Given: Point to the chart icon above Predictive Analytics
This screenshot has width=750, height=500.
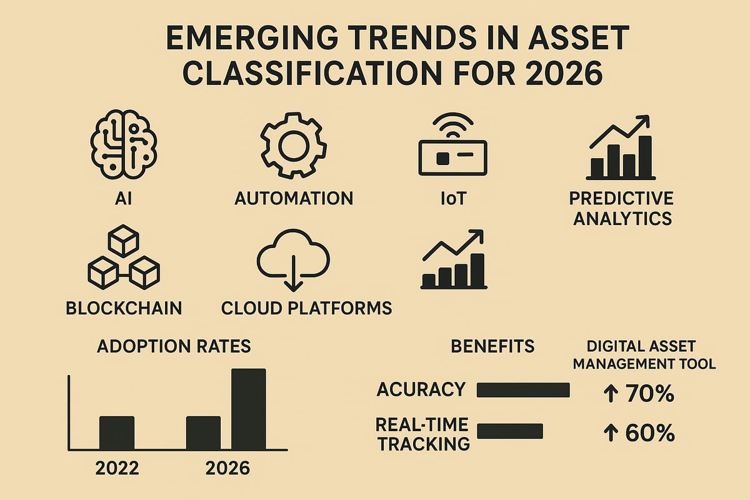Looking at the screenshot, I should tap(621, 147).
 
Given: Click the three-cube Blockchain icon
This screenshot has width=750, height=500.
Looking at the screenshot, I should tap(123, 259).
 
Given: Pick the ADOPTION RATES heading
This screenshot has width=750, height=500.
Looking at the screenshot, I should tap(174, 346).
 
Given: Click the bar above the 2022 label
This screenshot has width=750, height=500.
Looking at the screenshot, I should tap(117, 432).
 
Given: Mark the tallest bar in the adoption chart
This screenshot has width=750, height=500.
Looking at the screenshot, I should tap(248, 409).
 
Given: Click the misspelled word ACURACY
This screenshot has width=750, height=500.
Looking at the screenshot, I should tap(421, 389).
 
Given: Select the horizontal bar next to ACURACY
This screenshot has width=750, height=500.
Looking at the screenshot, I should tap(523, 390).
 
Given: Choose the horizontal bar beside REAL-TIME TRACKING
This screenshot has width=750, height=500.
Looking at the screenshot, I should tap(509, 431).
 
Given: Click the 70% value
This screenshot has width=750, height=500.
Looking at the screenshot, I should tap(649, 394).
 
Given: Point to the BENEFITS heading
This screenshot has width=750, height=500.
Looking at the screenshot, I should tap(492, 346).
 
